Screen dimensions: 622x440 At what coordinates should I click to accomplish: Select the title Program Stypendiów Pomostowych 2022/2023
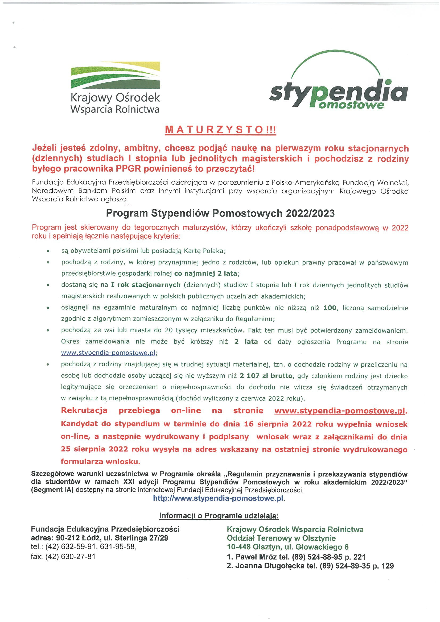tap(220, 213)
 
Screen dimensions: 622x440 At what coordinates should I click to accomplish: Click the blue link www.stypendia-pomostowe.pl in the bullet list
tap(108, 353)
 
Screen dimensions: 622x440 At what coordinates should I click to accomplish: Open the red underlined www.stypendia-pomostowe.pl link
tap(340, 411)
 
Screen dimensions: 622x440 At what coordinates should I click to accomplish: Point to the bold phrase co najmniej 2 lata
tap(206, 273)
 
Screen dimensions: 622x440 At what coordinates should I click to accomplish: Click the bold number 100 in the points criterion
tap(330, 308)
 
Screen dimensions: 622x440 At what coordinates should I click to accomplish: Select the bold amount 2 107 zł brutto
tap(266, 376)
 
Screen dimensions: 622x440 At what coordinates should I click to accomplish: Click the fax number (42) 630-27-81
tap(70, 557)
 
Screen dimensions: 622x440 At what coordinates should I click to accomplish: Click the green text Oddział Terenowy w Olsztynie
tap(281, 538)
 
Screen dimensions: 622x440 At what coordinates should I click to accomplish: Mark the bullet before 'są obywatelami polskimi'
tap(48, 251)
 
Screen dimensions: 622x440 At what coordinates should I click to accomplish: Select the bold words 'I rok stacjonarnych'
tap(146, 285)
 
